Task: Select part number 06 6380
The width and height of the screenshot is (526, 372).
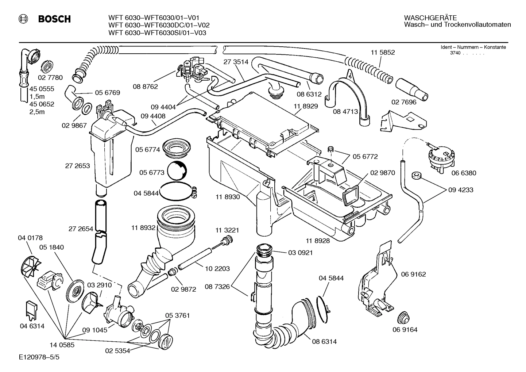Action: coord(464,173)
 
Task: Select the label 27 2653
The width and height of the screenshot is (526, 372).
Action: coord(77,166)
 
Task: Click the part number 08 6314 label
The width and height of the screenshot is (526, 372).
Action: coord(324,342)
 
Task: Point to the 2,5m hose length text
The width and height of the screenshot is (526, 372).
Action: coord(37,112)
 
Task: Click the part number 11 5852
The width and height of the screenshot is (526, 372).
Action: coord(383,53)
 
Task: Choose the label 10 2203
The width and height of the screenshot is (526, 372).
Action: coord(217,269)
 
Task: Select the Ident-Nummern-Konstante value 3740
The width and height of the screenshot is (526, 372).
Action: coord(455,54)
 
